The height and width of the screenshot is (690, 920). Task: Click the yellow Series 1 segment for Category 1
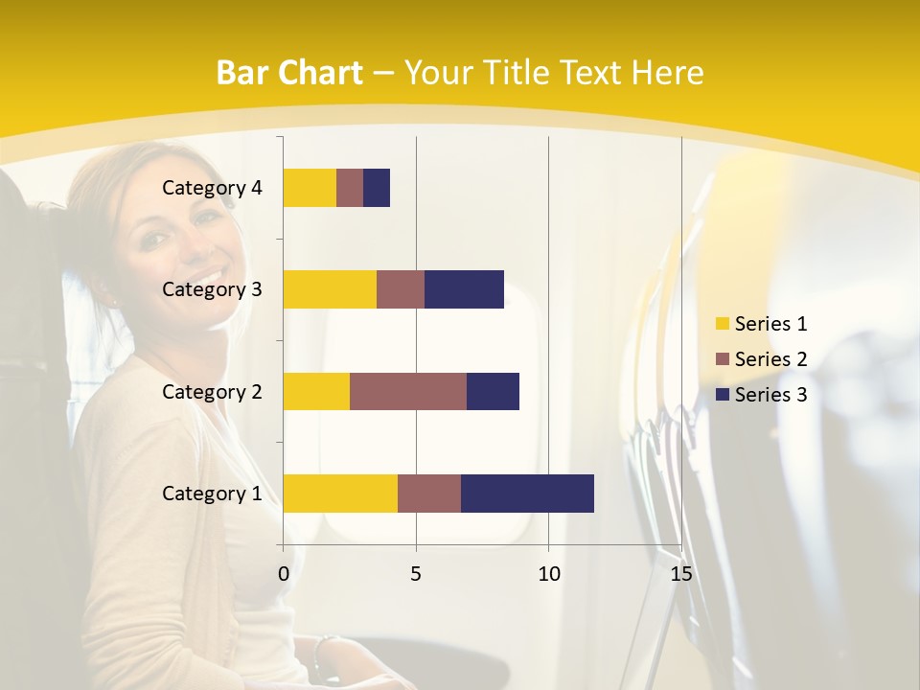[x=340, y=494]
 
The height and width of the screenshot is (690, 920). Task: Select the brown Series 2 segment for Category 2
[x=408, y=391]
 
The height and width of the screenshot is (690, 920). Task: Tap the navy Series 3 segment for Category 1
[x=527, y=494]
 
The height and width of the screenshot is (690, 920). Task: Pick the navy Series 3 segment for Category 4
[x=377, y=188]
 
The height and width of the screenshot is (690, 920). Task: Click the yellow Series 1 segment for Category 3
[x=330, y=289]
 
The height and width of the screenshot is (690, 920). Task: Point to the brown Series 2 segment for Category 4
[x=350, y=188]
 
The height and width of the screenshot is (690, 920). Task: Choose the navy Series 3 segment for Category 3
[x=464, y=289]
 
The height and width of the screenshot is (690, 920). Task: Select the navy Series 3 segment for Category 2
[x=493, y=391]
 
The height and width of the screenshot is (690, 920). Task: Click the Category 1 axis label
[x=212, y=494]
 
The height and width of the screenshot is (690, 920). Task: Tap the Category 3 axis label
[x=212, y=289]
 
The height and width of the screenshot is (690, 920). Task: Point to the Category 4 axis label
[x=212, y=188]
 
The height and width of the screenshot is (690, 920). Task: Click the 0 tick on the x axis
[x=284, y=574]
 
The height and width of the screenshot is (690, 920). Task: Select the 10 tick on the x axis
[x=548, y=574]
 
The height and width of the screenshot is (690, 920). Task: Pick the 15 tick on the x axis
[x=681, y=574]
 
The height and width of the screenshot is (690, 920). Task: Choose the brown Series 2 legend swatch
[x=723, y=359]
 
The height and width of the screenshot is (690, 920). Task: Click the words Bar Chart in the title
[x=289, y=73]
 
